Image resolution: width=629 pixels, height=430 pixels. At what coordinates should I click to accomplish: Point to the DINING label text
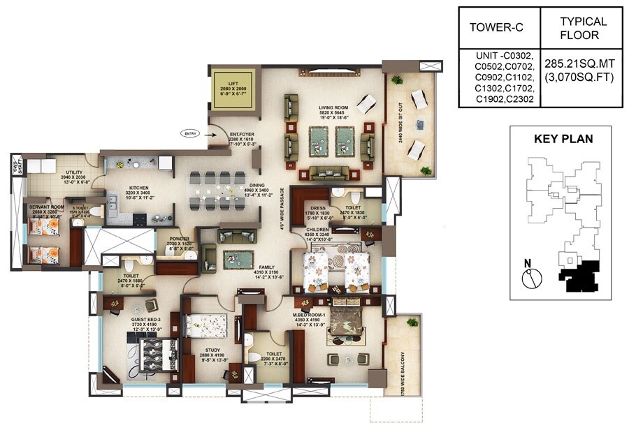pos(258,185)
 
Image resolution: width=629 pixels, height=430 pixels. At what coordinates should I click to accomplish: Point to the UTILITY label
pos(75,172)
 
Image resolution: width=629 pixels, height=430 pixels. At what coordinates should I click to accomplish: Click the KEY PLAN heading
pos(563,139)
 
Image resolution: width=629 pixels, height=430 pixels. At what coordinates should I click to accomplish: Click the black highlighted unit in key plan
pos(579,277)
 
